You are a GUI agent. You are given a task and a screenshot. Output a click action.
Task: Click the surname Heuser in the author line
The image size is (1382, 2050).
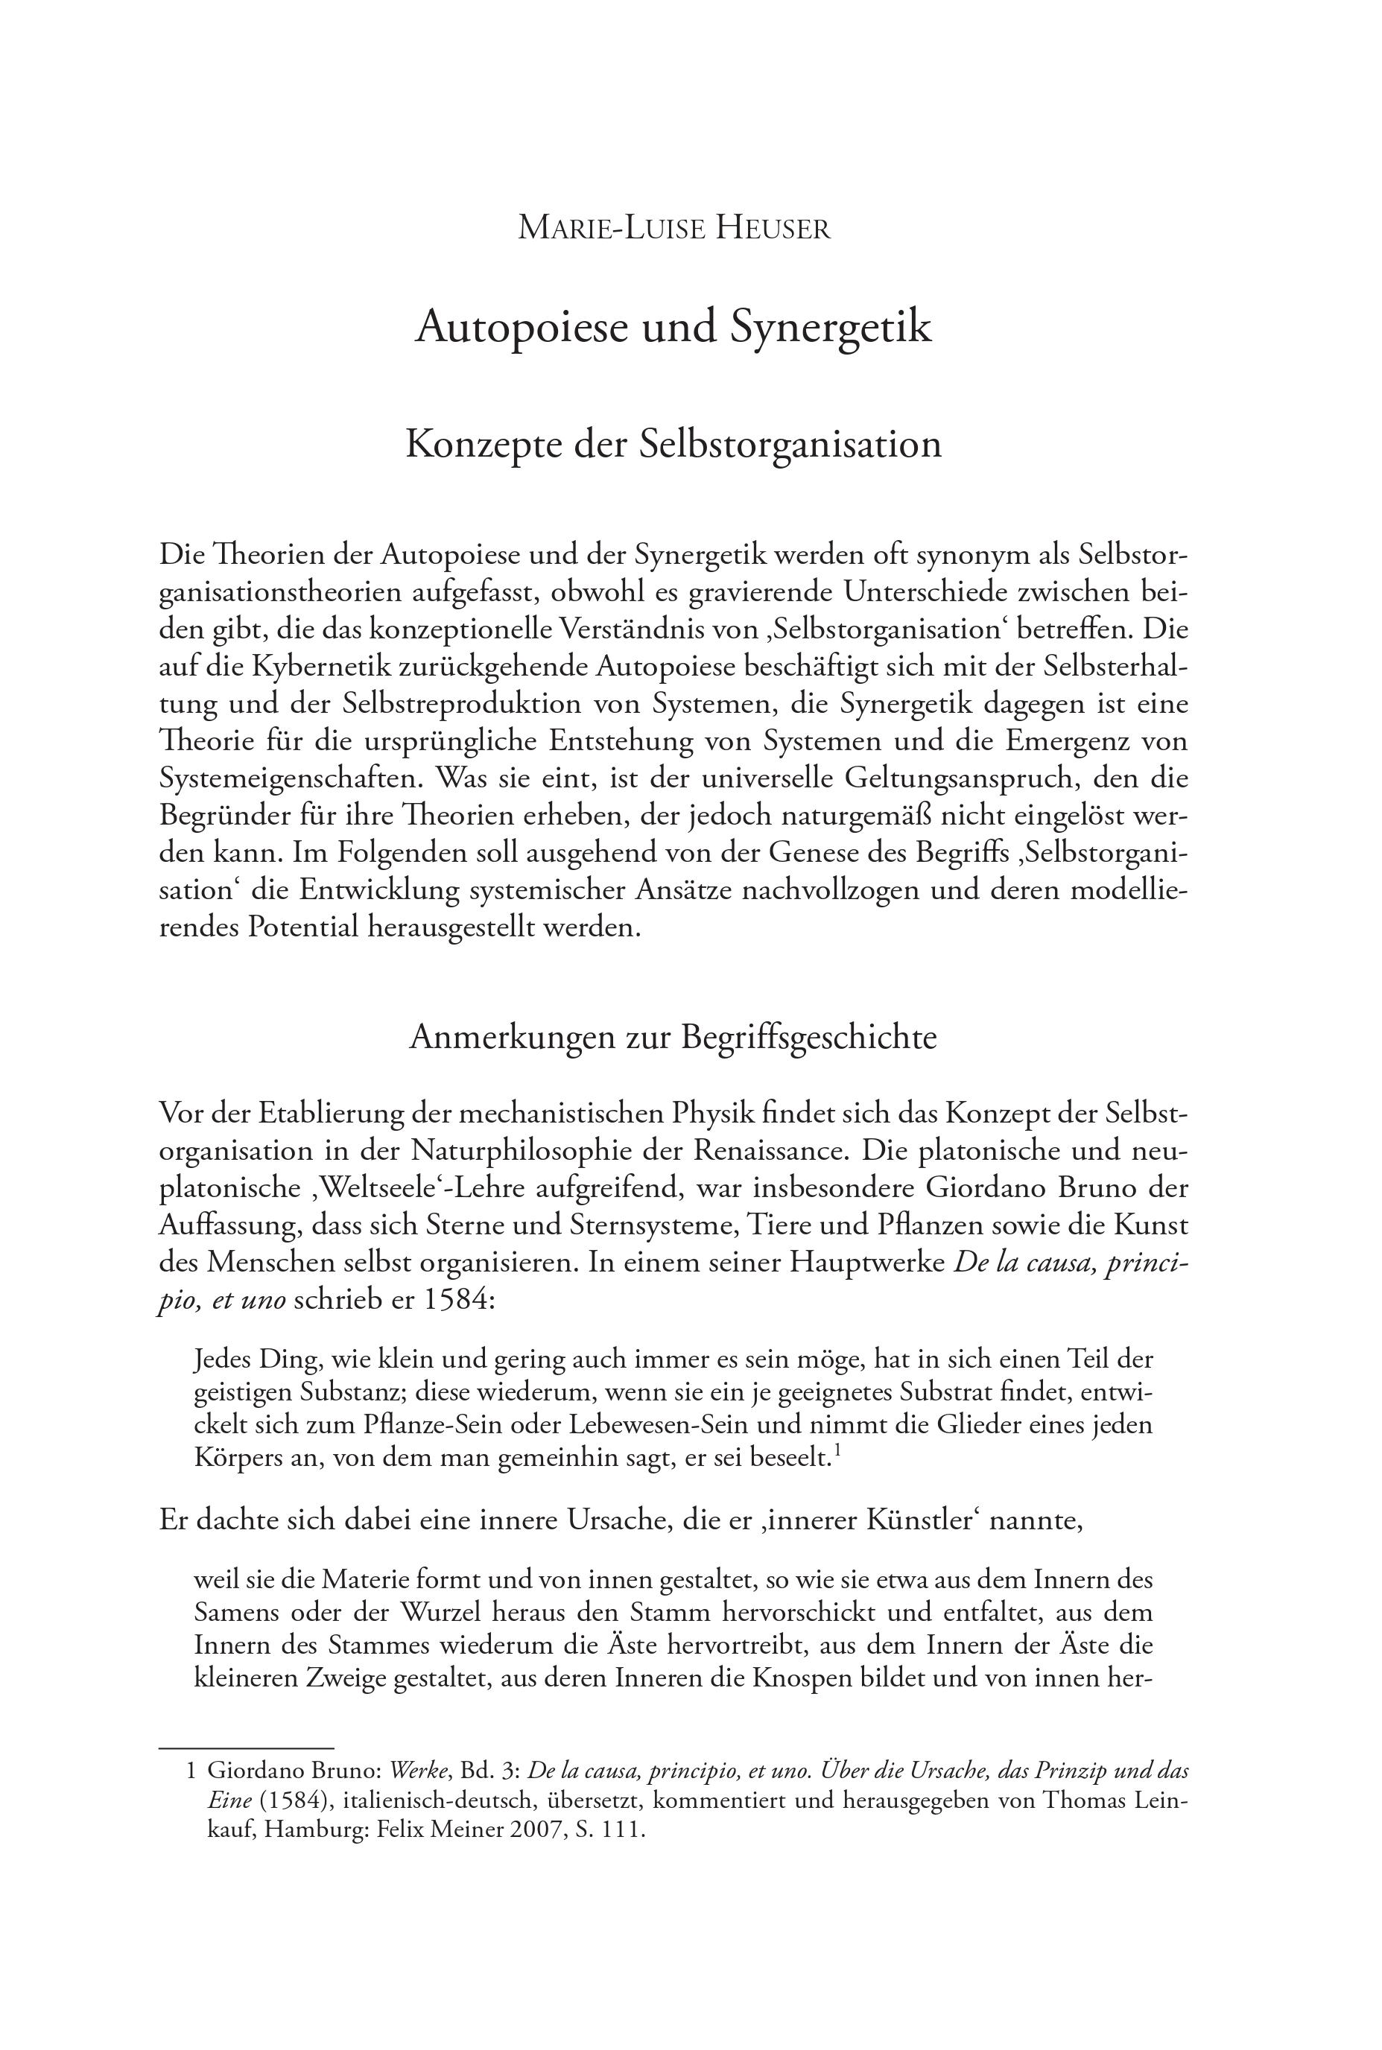click(772, 228)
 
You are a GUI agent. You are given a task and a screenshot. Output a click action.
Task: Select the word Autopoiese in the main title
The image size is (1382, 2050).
click(522, 327)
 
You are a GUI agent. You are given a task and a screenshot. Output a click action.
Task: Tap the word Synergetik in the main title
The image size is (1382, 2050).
click(830, 327)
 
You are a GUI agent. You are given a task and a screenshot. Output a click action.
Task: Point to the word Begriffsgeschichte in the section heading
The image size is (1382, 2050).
click(808, 1038)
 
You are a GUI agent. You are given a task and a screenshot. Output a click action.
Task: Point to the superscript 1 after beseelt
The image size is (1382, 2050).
click(837, 1453)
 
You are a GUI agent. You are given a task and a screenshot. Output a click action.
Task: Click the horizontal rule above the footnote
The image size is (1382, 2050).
click(246, 1748)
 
